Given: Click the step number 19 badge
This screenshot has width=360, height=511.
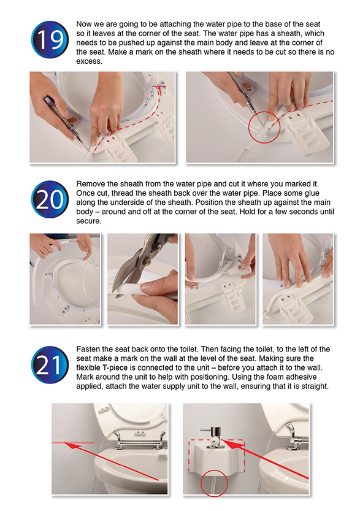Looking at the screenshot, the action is pos(50,40).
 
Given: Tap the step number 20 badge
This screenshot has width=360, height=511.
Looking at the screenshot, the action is pos(50,199).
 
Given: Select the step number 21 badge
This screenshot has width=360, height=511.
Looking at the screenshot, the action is pos(50,364).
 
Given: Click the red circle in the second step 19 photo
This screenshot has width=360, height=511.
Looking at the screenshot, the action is pos(264,128).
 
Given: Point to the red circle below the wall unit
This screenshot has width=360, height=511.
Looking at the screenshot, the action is pos(213,483).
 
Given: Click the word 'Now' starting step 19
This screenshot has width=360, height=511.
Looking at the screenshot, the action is pos(83,24).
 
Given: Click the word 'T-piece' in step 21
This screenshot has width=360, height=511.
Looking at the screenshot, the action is pos(115,367).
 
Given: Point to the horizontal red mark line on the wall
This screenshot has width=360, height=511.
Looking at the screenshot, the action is pos(74,442).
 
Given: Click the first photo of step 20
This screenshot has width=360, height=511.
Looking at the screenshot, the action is pos(65,279).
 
